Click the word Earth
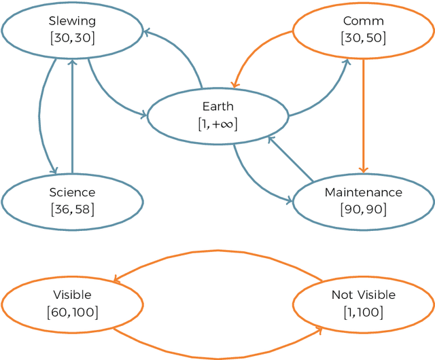(217, 107)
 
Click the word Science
(72, 193)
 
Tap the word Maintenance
(363, 193)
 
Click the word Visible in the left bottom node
(72, 295)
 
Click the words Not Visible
(363, 295)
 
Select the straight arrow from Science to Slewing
(72, 115)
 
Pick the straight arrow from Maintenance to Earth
(291, 160)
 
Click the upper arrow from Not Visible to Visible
(217, 252)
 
